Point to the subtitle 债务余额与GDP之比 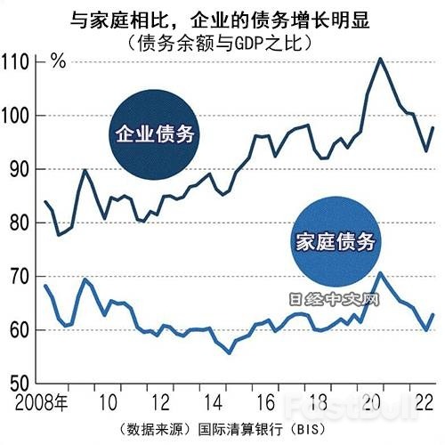point(222,40)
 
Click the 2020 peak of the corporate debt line point(381,59)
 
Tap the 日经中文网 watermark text point(334,299)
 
